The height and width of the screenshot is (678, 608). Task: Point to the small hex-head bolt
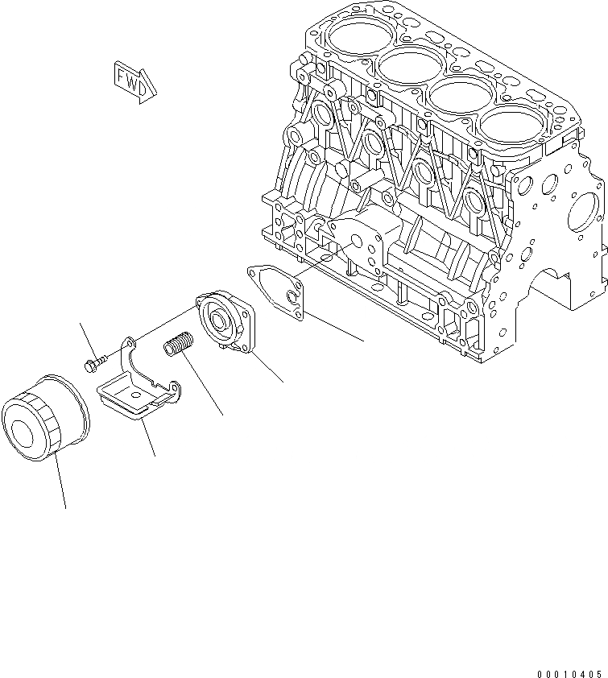click(95, 363)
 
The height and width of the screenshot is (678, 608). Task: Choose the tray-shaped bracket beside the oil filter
click(135, 395)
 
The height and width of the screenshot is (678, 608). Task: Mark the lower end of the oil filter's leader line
click(65, 507)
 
